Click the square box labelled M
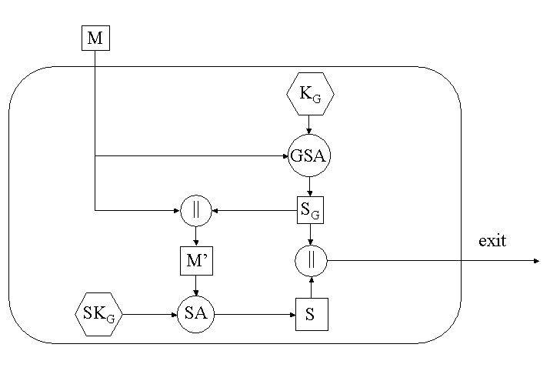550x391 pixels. click(x=95, y=38)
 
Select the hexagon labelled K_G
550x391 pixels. click(x=309, y=94)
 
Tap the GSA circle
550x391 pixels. click(x=309, y=155)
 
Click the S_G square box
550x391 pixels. click(x=310, y=209)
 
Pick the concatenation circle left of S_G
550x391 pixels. click(x=195, y=210)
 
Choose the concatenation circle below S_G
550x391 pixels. click(x=311, y=261)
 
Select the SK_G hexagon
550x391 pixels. click(x=98, y=314)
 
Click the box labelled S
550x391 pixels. click(x=312, y=314)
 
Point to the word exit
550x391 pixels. click(x=492, y=241)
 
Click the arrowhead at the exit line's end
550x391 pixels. click(x=536, y=261)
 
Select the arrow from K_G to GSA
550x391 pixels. click(x=309, y=125)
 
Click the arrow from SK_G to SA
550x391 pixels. click(x=149, y=314)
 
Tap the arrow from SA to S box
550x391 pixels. click(x=255, y=314)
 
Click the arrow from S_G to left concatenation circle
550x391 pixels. click(x=254, y=209)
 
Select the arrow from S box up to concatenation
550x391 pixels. click(x=311, y=286)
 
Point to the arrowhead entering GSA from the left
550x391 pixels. click(x=285, y=156)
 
